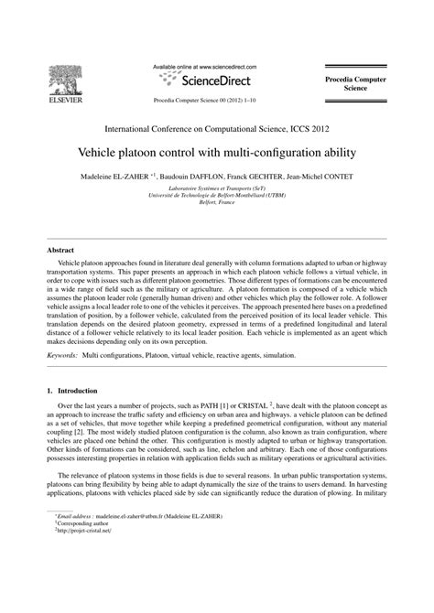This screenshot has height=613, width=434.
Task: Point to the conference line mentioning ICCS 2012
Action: tap(216, 130)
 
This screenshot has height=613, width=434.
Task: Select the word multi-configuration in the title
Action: tap(272, 151)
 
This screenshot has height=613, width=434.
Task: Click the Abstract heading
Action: tap(62, 249)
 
